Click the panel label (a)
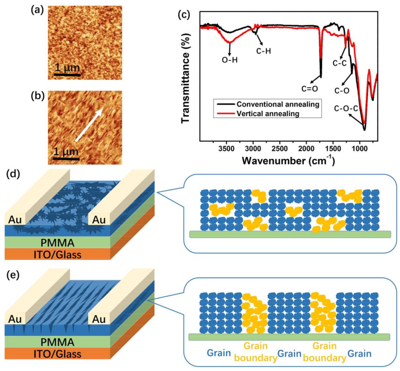click(37, 10)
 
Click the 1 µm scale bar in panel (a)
click(67, 74)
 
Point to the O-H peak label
click(229, 60)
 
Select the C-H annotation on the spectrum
click(263, 51)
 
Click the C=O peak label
click(309, 89)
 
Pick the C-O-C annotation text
click(346, 108)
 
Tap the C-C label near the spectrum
click(339, 63)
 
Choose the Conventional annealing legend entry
click(278, 104)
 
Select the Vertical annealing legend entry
click(268, 113)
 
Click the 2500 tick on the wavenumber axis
click(280, 149)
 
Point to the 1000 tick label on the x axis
click(359, 149)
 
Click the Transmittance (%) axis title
click(185, 78)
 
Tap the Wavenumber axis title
click(288, 160)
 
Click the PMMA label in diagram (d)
click(57, 242)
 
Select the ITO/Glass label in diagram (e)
click(57, 354)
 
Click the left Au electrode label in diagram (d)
click(15, 220)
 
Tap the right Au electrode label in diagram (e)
click(99, 319)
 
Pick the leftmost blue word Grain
click(219, 353)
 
